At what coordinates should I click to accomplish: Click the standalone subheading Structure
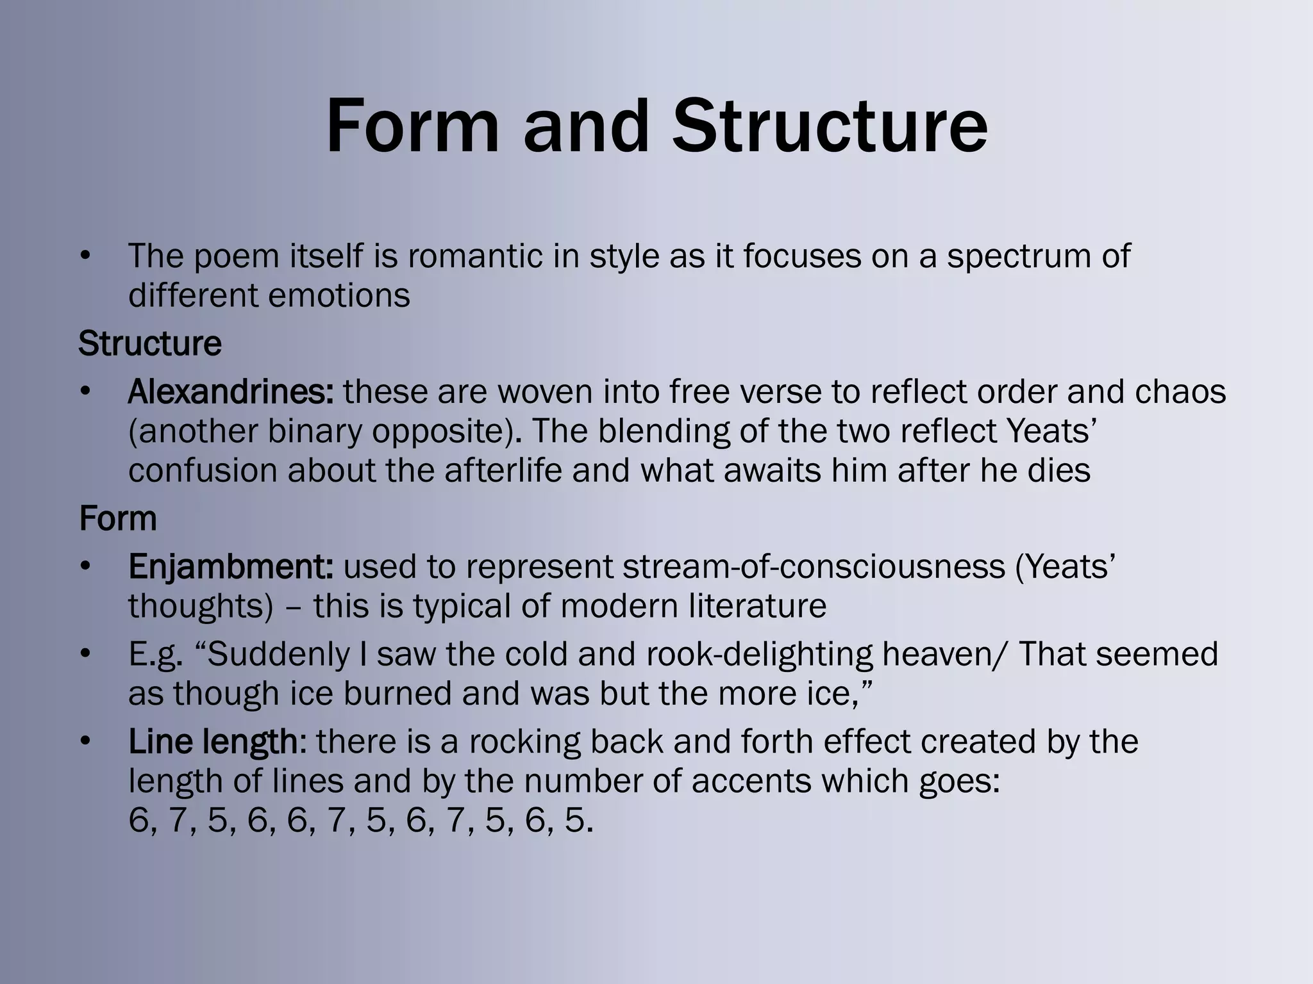click(x=150, y=343)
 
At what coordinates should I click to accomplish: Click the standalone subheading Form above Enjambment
click(x=118, y=518)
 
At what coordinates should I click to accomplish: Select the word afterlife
click(x=503, y=471)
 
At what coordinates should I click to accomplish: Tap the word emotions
click(x=339, y=295)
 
